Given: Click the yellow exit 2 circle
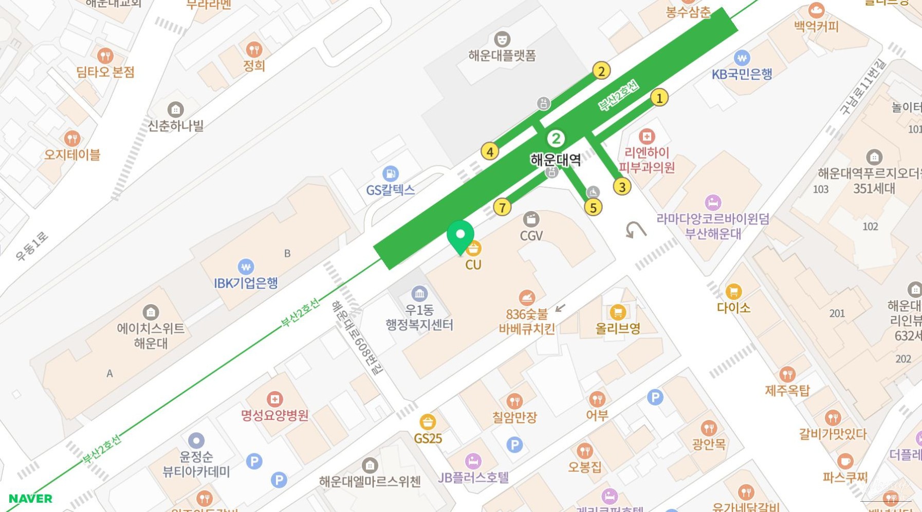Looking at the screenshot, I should [x=601, y=70].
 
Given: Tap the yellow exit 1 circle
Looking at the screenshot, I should [x=659, y=98].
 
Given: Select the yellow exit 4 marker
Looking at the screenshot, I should [x=490, y=152].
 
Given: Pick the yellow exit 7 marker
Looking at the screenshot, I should [x=502, y=207].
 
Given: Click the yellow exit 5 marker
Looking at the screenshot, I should [x=593, y=208].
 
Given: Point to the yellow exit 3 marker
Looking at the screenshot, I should [x=622, y=187].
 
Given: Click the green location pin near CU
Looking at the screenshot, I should [x=460, y=236].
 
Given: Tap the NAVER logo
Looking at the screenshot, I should [x=30, y=499].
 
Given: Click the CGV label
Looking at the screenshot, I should [x=531, y=236].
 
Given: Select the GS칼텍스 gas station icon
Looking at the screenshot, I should [x=390, y=173].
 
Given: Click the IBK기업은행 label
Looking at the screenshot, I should [x=246, y=283].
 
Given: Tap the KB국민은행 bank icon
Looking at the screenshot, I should [x=742, y=58].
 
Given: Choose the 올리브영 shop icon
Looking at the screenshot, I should [x=618, y=312].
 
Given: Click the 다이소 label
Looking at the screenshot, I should [x=733, y=308].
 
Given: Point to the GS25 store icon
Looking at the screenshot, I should [x=428, y=422].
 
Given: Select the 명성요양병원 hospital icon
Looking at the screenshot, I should [x=275, y=399].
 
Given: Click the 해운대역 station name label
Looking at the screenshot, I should [x=556, y=160].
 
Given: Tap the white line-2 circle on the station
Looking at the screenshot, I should [x=556, y=138].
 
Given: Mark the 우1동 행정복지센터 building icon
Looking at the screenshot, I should [x=419, y=294].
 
